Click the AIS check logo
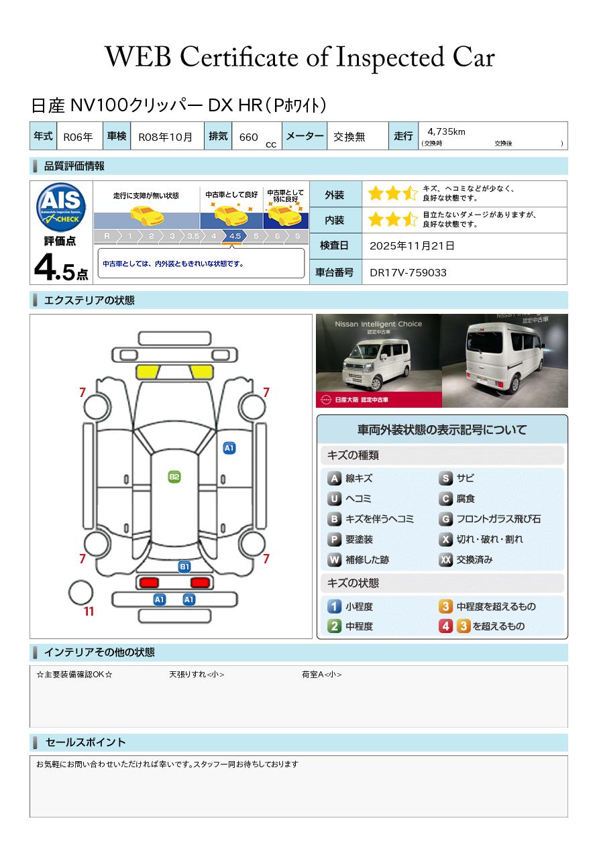click(x=61, y=207)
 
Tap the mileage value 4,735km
click(x=446, y=131)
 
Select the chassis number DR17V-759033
click(x=408, y=273)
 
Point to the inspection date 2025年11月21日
click(x=412, y=245)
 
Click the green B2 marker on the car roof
click(x=174, y=477)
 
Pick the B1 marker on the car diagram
click(x=184, y=567)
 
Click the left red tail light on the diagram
click(x=149, y=582)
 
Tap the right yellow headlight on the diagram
click(x=201, y=372)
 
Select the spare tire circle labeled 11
click(x=80, y=593)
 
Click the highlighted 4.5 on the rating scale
click(x=235, y=236)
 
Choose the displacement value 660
click(x=248, y=137)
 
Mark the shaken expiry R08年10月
click(x=165, y=137)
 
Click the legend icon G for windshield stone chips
click(x=445, y=519)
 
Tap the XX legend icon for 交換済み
click(x=445, y=559)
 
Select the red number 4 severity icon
click(x=445, y=626)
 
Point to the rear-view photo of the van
click(x=505, y=361)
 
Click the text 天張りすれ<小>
click(x=197, y=674)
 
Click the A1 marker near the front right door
click(x=229, y=448)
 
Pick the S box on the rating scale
click(x=298, y=236)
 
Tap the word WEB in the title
click(x=138, y=57)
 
